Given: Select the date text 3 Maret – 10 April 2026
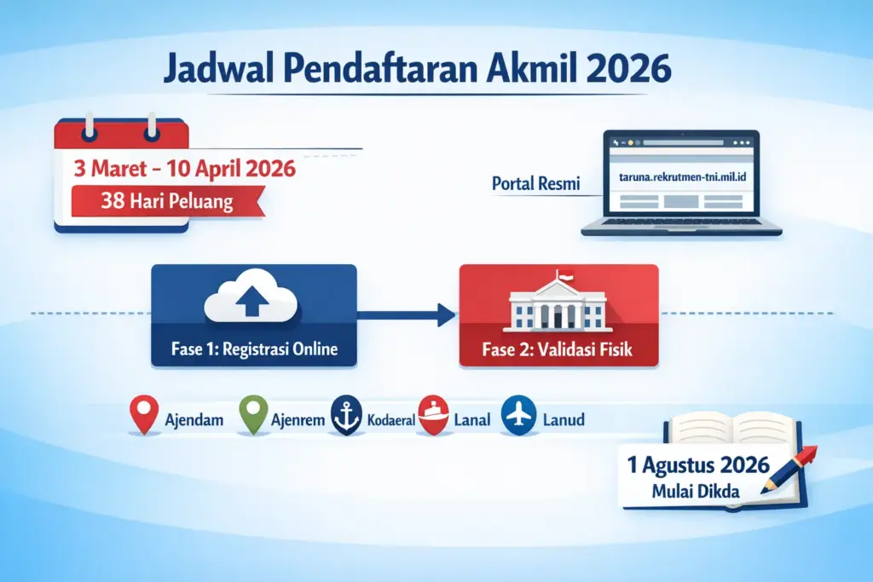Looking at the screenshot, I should pos(185,168).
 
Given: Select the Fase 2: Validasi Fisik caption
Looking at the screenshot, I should pos(559,349).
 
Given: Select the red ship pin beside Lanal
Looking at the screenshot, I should pos(432,416).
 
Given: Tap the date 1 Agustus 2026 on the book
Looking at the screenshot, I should pos(698,466).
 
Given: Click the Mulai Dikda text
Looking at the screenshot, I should pos(697,492).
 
